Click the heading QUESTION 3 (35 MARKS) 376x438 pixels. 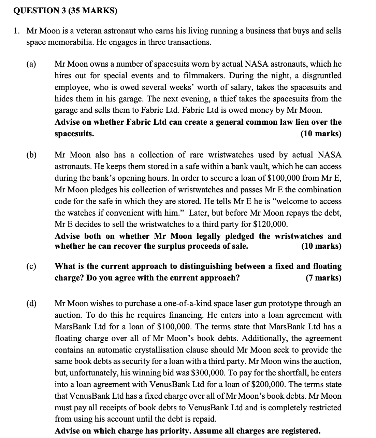click(65, 11)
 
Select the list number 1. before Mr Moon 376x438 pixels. click(16, 31)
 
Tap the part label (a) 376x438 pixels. click(31, 64)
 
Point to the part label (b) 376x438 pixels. click(31, 155)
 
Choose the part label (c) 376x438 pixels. click(31, 266)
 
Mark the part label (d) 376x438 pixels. click(31, 303)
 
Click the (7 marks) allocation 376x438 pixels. click(323, 278)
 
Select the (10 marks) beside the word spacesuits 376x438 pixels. click(321, 134)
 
